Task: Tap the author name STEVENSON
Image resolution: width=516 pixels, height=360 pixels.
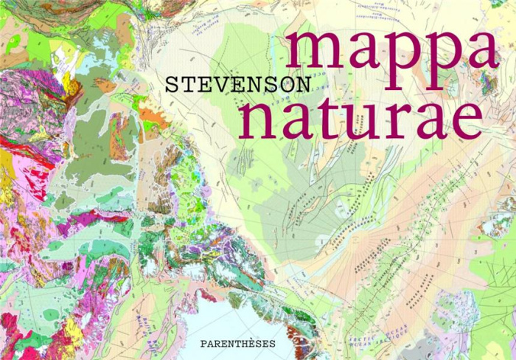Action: [226, 83]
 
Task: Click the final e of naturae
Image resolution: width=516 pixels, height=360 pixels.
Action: [467, 121]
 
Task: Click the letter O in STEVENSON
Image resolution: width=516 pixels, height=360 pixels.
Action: [280, 83]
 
